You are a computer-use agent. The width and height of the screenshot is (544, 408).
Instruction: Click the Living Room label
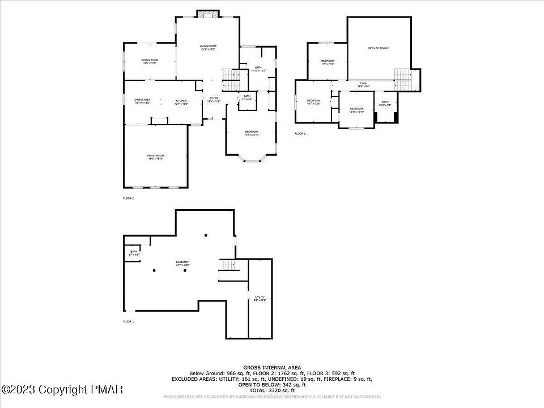[208, 47]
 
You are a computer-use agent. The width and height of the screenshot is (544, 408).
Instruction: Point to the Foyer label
[214, 100]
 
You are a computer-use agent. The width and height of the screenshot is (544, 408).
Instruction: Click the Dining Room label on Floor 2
[150, 61]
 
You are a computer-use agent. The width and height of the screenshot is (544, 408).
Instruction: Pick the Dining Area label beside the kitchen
[142, 101]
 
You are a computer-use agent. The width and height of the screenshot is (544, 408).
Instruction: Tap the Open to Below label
[378, 48]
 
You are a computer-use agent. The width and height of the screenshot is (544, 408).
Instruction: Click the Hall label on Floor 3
[363, 84]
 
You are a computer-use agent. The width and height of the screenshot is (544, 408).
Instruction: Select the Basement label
[182, 263]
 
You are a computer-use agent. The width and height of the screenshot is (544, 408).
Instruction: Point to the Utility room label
[260, 299]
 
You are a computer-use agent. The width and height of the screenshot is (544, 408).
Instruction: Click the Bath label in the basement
[134, 253]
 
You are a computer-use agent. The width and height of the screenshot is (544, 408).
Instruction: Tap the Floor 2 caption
[129, 198]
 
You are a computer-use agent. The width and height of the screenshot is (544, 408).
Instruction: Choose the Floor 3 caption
[300, 134]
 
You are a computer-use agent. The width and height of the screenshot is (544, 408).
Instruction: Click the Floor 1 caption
[129, 321]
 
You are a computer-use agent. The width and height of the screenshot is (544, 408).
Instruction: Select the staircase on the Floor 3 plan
[403, 79]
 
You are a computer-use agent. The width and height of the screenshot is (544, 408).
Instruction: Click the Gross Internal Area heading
[271, 367]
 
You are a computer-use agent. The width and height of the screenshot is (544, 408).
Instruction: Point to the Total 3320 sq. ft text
[272, 390]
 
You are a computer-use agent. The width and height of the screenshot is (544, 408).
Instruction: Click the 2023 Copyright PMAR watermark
[62, 390]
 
